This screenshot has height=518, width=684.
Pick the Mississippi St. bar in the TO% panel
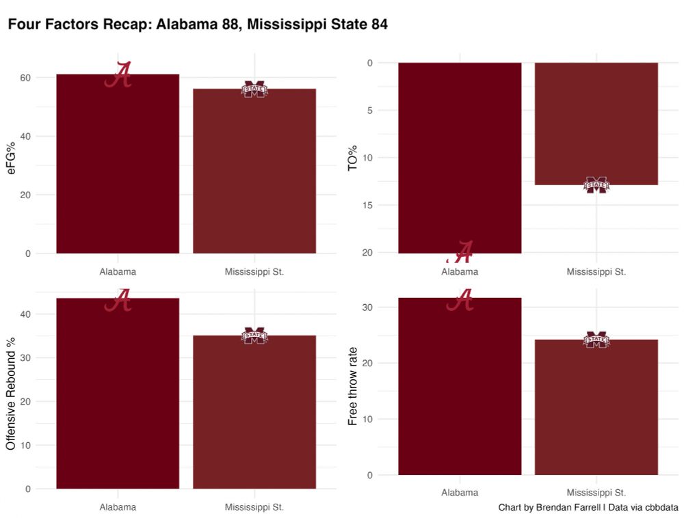click(x=596, y=123)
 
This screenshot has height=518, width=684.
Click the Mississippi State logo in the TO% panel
click(x=596, y=185)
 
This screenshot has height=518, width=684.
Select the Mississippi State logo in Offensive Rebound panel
click(x=254, y=336)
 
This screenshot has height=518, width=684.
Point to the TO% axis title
click(x=353, y=157)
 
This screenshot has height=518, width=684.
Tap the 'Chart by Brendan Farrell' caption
click(x=588, y=508)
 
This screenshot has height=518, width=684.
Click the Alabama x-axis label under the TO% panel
click(x=460, y=271)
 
